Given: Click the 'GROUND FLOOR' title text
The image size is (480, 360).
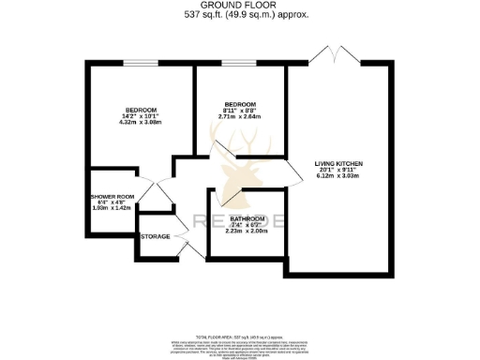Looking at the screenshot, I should [239, 6].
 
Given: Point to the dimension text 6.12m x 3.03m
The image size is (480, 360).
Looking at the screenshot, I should [337, 177].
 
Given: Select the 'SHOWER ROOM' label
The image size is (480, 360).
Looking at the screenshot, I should [112, 197].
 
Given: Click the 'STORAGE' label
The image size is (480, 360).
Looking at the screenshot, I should [156, 236].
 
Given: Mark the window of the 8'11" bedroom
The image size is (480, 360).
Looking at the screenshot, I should [238, 65].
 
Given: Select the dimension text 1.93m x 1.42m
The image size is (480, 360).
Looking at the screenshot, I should [112, 209].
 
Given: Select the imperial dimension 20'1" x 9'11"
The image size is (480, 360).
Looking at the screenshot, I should [337, 171].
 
